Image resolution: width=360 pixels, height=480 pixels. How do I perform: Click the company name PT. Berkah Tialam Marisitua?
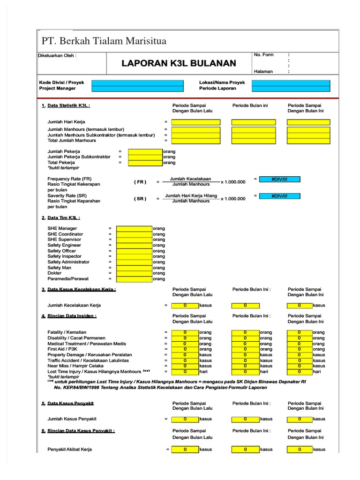104,41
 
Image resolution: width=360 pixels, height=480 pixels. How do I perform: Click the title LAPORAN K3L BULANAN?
179,63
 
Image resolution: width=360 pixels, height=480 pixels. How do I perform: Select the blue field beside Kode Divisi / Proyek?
137,82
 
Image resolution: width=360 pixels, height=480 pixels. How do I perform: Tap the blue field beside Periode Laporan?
291,88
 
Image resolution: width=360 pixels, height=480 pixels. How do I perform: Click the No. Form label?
263,55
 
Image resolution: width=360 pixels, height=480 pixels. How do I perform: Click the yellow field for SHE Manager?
134,228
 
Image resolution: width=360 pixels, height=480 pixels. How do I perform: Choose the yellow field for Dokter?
134,273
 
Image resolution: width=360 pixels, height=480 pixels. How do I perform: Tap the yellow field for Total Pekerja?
145,163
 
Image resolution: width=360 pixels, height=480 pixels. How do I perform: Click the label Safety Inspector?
64,256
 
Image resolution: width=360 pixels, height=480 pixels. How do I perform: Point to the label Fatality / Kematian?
67,332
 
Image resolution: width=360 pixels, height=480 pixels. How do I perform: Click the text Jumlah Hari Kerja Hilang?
191,195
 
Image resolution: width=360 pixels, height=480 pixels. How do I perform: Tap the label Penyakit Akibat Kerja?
69,449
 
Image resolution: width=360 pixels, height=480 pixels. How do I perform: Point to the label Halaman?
263,72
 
